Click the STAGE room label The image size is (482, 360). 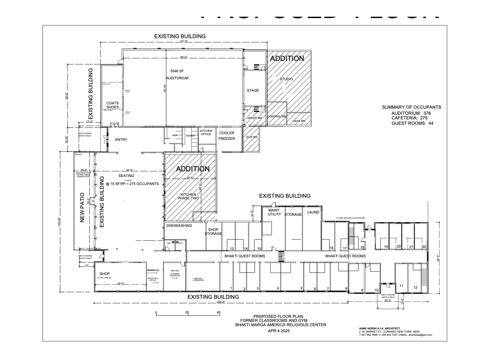coord(253,90)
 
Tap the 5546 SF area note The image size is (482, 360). coord(177,71)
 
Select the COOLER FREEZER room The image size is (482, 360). coord(227,136)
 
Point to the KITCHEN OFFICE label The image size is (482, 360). coord(206,132)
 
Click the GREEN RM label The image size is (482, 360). coord(254,118)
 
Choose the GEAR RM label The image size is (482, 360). coord(299,121)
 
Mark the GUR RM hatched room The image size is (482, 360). coord(251,137)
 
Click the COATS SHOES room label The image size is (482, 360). coord(112,105)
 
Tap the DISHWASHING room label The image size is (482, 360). coord(179,226)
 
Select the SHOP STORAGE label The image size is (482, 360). coord(213,232)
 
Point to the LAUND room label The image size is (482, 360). coord(313,212)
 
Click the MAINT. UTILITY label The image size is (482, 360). coord(274,212)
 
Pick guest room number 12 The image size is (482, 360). coord(415,287)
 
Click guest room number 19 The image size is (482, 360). coord(386,247)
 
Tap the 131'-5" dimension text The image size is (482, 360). coord(183,41)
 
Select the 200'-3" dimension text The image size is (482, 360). coord(221,302)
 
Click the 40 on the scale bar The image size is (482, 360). coord(219,312)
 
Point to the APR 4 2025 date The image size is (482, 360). coord(279,331)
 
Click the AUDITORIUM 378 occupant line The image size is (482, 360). coord(411,113)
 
